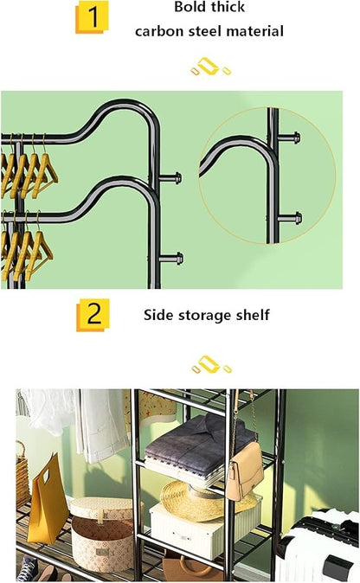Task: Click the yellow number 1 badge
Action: point(92,17)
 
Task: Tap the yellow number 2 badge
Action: point(93,315)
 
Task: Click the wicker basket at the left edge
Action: point(22,474)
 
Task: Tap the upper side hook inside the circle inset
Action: point(289,138)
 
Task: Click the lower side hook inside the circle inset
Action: point(290,218)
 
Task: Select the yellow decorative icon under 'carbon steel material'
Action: point(211,67)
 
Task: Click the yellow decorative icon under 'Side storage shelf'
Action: point(212,364)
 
